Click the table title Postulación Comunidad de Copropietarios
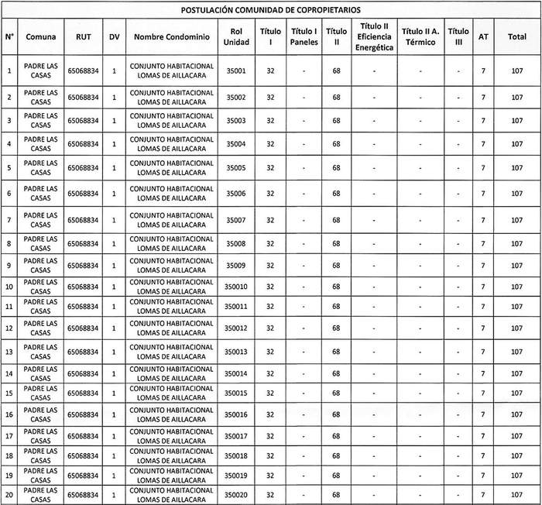click(x=270, y=10)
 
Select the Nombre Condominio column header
click(x=171, y=37)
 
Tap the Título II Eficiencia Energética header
click(x=374, y=37)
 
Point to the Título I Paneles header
click(x=304, y=37)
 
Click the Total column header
click(x=517, y=37)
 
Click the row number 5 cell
click(x=9, y=168)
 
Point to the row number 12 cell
click(x=9, y=328)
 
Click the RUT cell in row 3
click(x=84, y=121)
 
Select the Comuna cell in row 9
click(x=39, y=266)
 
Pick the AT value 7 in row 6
click(x=483, y=194)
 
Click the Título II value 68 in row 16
click(x=336, y=415)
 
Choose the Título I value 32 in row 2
click(x=270, y=98)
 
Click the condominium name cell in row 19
click(x=171, y=475)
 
